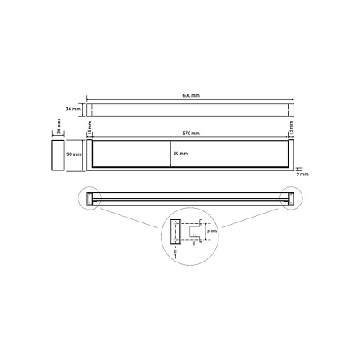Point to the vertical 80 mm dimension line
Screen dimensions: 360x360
tap(170, 152)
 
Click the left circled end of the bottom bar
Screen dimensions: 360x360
tap(90, 198)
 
